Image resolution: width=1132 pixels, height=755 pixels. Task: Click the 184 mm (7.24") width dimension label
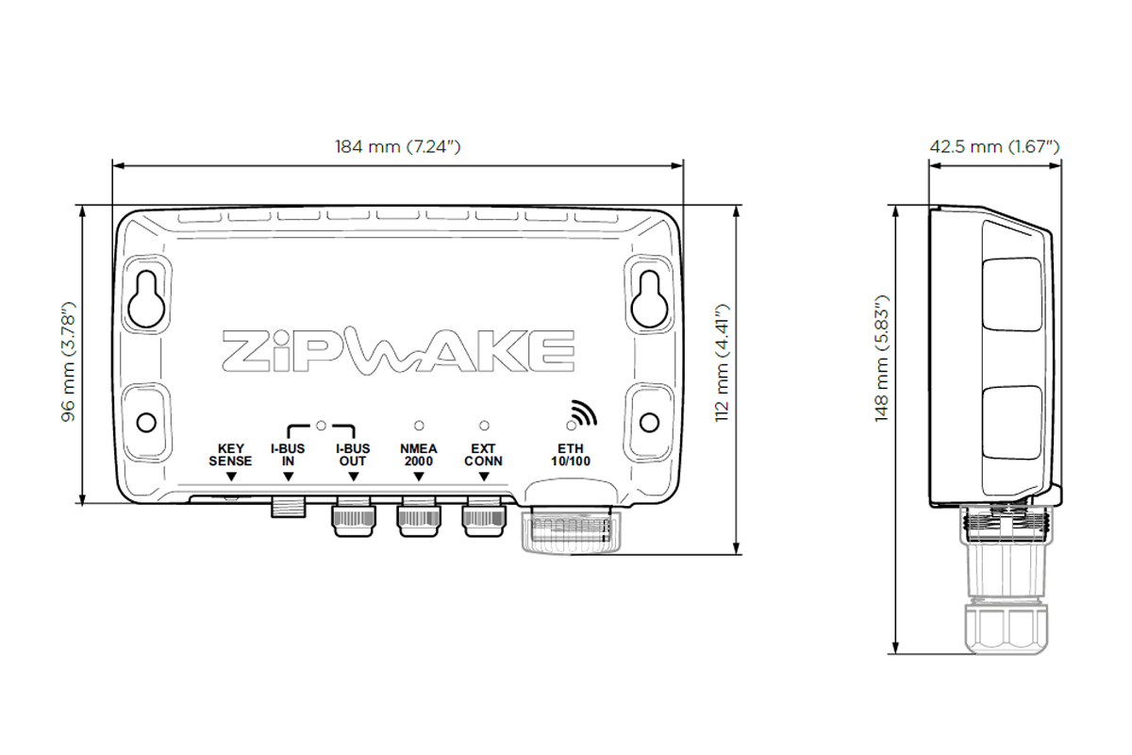[x=397, y=146]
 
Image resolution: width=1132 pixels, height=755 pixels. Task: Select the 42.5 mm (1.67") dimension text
[x=995, y=146]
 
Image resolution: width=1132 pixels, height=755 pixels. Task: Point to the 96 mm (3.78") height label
[x=69, y=361]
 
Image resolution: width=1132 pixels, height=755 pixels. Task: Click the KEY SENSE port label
[x=230, y=455]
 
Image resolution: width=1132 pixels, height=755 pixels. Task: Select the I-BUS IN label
[x=288, y=455]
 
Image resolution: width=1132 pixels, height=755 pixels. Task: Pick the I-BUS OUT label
[x=353, y=455]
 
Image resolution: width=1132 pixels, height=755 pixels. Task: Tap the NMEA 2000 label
[x=418, y=455]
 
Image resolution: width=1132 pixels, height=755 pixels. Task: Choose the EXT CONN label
[x=483, y=455]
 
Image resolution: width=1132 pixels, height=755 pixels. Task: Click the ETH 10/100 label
[x=570, y=455]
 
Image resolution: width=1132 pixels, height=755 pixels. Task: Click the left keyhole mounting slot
[x=146, y=296]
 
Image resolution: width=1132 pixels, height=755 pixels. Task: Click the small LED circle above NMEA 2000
[x=418, y=426]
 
